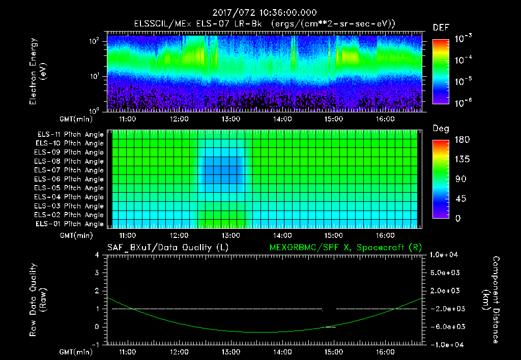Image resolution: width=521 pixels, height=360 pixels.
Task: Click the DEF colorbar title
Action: point(441,27)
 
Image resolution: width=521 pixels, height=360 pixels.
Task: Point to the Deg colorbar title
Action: point(441,129)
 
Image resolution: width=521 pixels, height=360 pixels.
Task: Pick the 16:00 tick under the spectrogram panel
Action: point(385,119)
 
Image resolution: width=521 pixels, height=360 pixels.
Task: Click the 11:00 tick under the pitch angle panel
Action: point(127,235)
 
